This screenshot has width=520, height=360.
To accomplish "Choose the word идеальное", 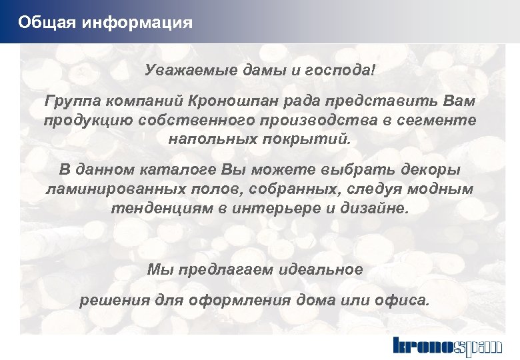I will point(319,269).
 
